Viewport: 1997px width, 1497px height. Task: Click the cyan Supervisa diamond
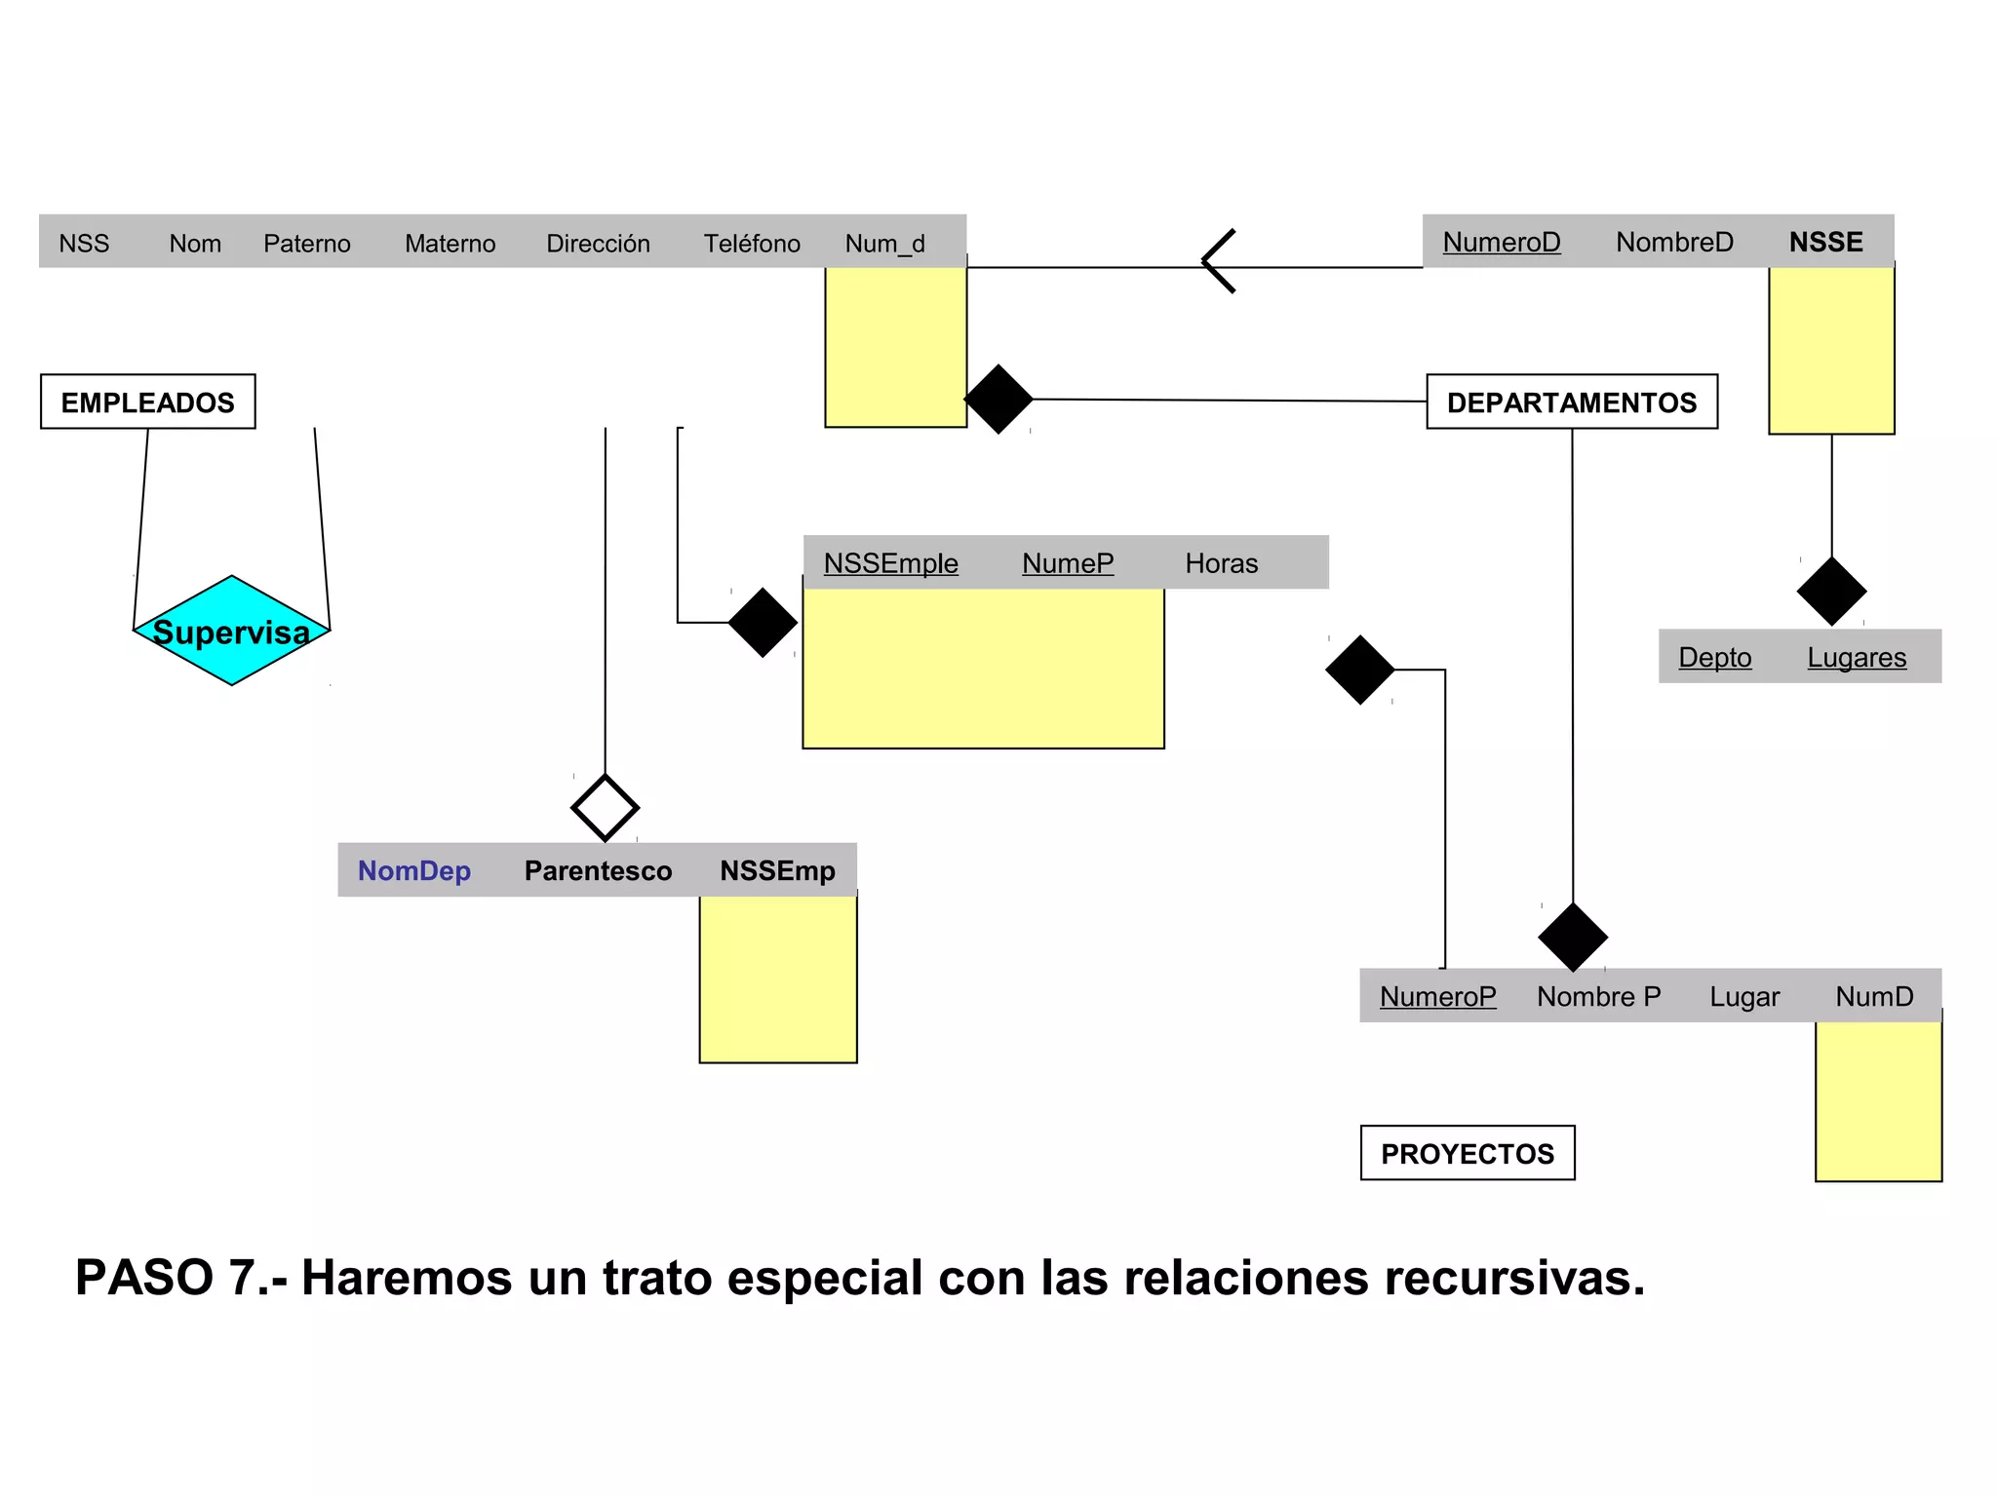point(231,631)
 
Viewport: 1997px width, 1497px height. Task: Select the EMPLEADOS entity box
point(148,402)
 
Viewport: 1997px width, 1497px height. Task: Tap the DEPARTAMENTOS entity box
point(1571,402)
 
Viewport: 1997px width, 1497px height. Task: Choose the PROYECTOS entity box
point(1467,1153)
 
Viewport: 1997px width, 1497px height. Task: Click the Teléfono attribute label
point(752,243)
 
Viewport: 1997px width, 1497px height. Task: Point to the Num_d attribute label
point(884,243)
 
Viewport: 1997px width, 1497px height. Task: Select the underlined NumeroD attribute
point(1501,242)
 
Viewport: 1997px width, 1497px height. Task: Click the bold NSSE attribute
point(1825,242)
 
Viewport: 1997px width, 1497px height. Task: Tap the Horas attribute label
point(1221,563)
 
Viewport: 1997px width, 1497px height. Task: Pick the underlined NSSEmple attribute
point(890,563)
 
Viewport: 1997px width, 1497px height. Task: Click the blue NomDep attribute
point(413,870)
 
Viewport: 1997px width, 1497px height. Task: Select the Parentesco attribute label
point(598,870)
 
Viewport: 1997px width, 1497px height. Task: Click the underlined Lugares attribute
point(1856,657)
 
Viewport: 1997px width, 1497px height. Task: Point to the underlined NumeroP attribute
point(1437,996)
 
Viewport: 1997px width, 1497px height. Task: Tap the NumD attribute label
point(1873,996)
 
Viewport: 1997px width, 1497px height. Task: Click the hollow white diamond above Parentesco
point(605,808)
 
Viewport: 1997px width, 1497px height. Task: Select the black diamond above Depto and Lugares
point(1831,591)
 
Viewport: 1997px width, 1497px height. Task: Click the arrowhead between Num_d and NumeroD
point(1217,261)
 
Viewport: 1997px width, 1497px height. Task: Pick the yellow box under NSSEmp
point(777,979)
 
